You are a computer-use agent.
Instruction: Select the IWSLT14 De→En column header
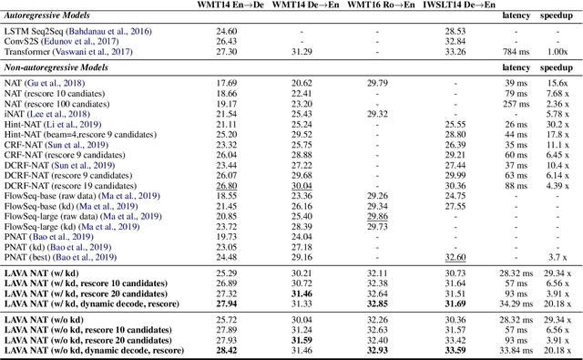point(455,5)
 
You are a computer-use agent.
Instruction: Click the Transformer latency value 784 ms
point(516,52)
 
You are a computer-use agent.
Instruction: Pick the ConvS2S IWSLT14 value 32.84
point(455,42)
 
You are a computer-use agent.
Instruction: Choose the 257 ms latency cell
point(517,104)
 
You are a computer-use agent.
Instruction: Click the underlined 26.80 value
point(227,186)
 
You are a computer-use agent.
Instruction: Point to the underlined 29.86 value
point(377,217)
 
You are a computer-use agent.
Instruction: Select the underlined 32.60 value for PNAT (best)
point(455,258)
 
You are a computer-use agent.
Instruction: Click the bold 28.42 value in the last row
point(227,350)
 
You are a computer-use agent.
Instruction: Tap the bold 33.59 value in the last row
point(455,350)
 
